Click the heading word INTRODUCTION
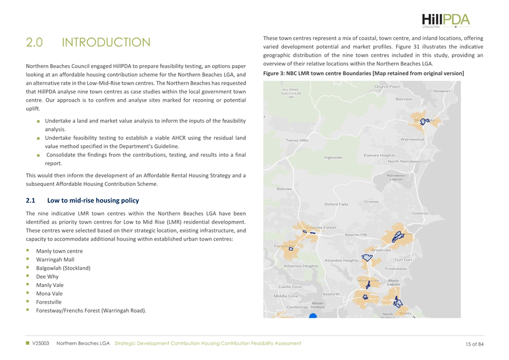pyautogui.click(x=106, y=42)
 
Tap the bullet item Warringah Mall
pyautogui.click(x=55, y=260)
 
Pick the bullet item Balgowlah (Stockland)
pyautogui.click(x=63, y=268)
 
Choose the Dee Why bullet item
pyautogui.click(x=47, y=277)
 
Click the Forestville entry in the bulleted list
pyautogui.click(x=50, y=302)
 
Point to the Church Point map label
pyautogui.click(x=387, y=87)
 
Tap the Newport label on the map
pyautogui.click(x=442, y=91)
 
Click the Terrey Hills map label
pyautogui.click(x=296, y=141)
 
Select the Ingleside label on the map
pyautogui.click(x=333, y=157)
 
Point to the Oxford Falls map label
pyautogui.click(x=336, y=204)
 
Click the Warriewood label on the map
pyautogui.click(x=412, y=139)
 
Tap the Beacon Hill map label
pyautogui.click(x=356, y=235)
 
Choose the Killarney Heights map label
pyautogui.click(x=301, y=266)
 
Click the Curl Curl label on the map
pyautogui.click(x=403, y=260)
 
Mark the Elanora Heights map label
pyautogui.click(x=379, y=155)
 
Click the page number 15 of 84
pyautogui.click(x=475, y=343)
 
